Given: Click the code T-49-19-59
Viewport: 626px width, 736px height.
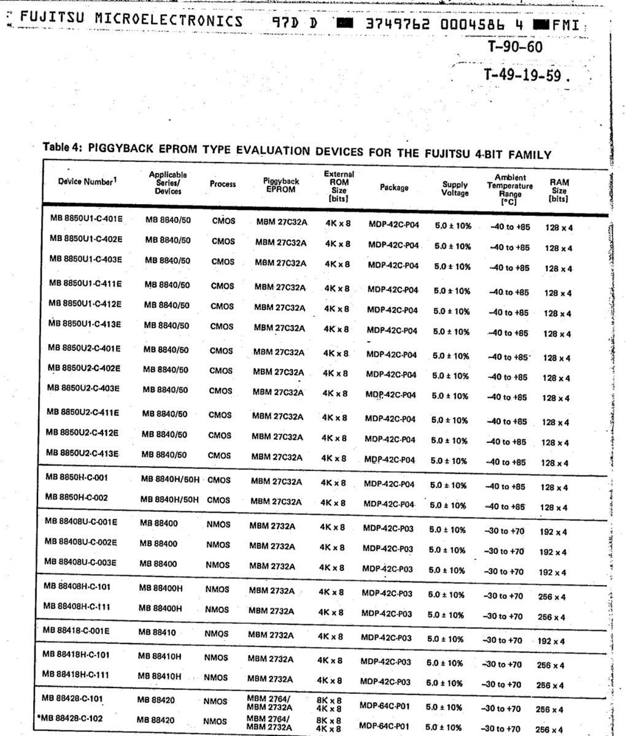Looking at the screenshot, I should pos(527,76).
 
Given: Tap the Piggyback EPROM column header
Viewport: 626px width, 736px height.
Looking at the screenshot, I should pos(281,185).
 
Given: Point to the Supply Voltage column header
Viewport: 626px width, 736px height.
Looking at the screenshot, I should pos(455,188).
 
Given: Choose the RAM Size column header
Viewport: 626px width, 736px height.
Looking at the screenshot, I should pos(558,190).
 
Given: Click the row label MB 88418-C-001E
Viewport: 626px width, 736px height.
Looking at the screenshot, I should pos(76,630).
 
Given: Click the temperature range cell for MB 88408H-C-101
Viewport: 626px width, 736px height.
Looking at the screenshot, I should pos(503,596).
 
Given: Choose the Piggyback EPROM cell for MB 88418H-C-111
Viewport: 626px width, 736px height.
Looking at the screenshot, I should pos(270,679).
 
